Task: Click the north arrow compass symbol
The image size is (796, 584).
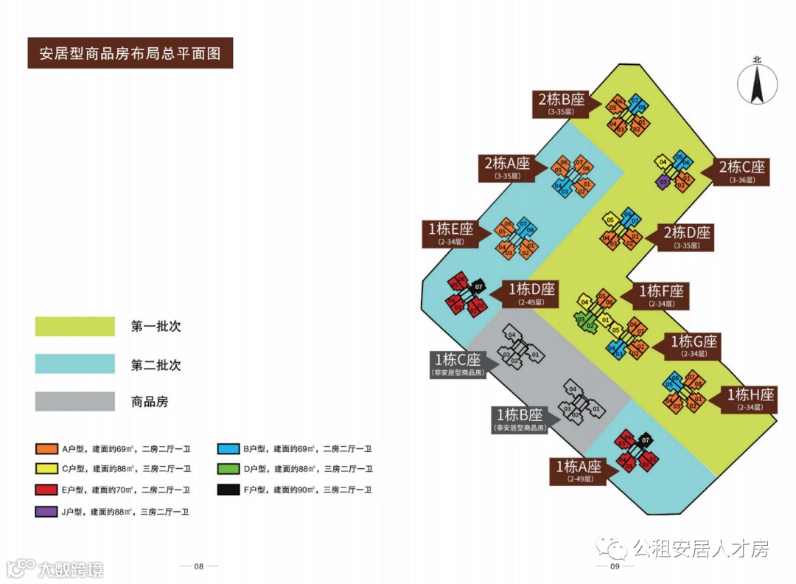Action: (x=758, y=83)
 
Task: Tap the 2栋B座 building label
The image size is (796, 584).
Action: (x=562, y=103)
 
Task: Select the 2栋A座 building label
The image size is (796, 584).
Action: (x=507, y=167)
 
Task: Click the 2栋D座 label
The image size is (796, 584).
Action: (x=686, y=236)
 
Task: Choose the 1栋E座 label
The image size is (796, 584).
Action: (x=450, y=232)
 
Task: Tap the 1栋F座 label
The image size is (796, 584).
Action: (x=661, y=294)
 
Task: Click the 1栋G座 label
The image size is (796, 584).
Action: (x=693, y=345)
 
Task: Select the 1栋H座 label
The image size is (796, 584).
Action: (x=750, y=398)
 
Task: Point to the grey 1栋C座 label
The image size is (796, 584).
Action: (x=457, y=364)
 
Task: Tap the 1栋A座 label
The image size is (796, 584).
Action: (x=579, y=470)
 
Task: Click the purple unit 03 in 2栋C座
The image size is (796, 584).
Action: (x=663, y=181)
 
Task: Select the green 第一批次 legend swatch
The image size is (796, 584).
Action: (x=75, y=327)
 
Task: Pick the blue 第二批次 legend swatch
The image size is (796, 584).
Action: (x=75, y=364)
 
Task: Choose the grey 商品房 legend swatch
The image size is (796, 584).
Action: (x=75, y=401)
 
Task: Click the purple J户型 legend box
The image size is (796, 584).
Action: (x=46, y=511)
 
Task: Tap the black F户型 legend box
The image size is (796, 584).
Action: (x=228, y=490)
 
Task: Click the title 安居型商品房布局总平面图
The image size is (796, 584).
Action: (x=130, y=54)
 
